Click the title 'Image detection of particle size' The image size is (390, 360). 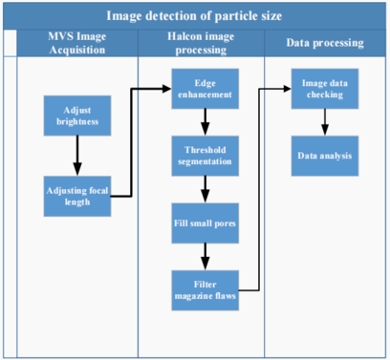point(194,15)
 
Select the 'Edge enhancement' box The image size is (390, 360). point(205,88)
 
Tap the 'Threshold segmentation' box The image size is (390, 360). point(205,155)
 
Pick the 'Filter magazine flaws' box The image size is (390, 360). point(205,288)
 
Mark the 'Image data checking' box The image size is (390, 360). point(325,88)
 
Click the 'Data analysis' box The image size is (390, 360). point(325,155)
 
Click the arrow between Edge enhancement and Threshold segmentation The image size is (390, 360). point(205,121)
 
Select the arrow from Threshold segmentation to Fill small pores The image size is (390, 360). point(205,188)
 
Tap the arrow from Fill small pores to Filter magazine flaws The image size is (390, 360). point(205,255)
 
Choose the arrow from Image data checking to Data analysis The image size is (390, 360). point(325,121)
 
